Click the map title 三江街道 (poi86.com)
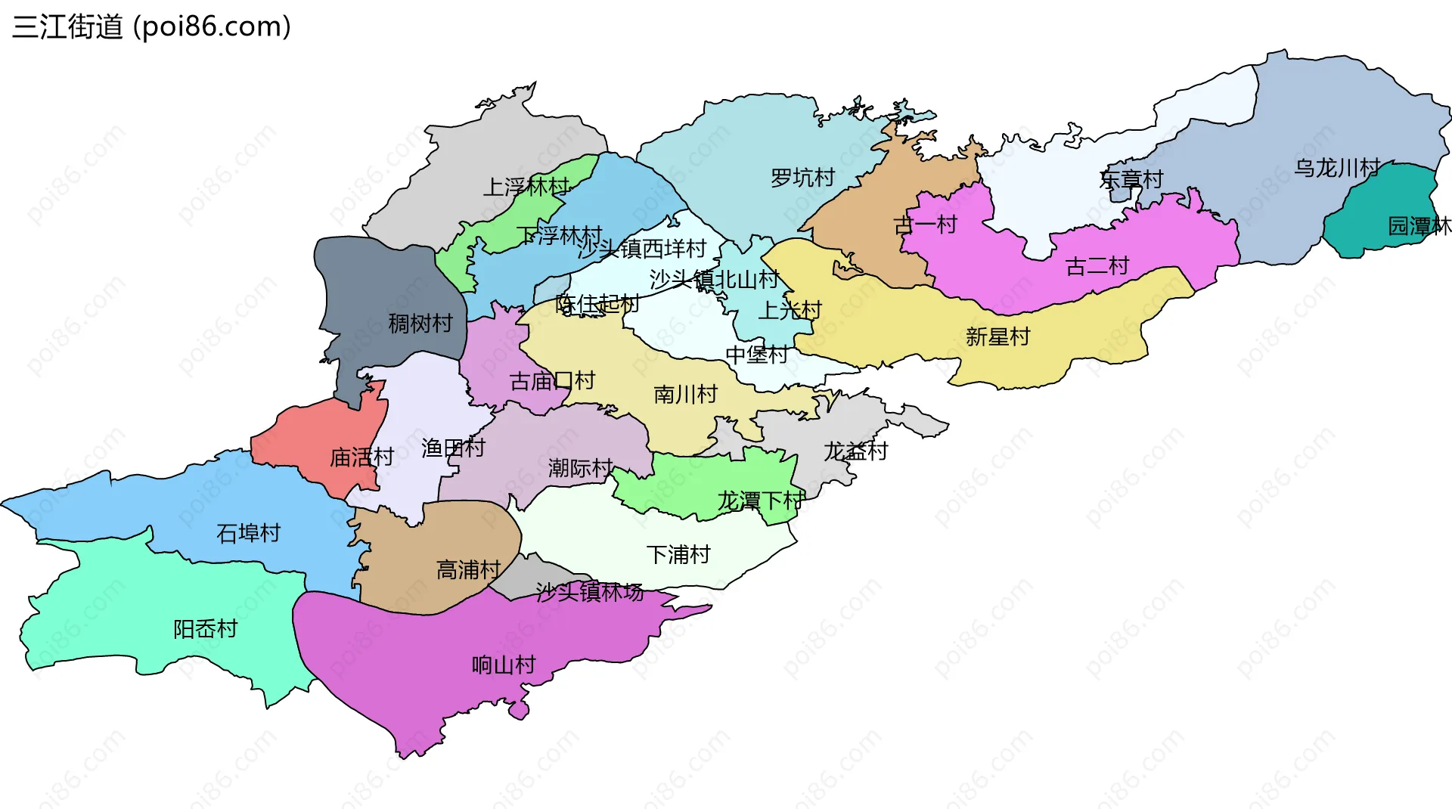point(151,27)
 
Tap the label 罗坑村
point(802,178)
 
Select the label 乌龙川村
point(1337,168)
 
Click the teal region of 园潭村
point(1376,215)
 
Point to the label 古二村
point(1097,266)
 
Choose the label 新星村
point(997,336)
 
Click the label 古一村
point(925,225)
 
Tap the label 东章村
point(1131,180)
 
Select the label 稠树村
point(420,324)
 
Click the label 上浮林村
point(526,187)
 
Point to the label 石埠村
point(248,533)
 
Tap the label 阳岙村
point(205,629)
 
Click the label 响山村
point(503,665)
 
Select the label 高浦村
point(468,569)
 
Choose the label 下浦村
point(678,555)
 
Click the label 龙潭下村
point(760,501)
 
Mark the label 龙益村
point(855,451)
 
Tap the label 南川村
point(685,394)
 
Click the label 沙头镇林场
point(589,592)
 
